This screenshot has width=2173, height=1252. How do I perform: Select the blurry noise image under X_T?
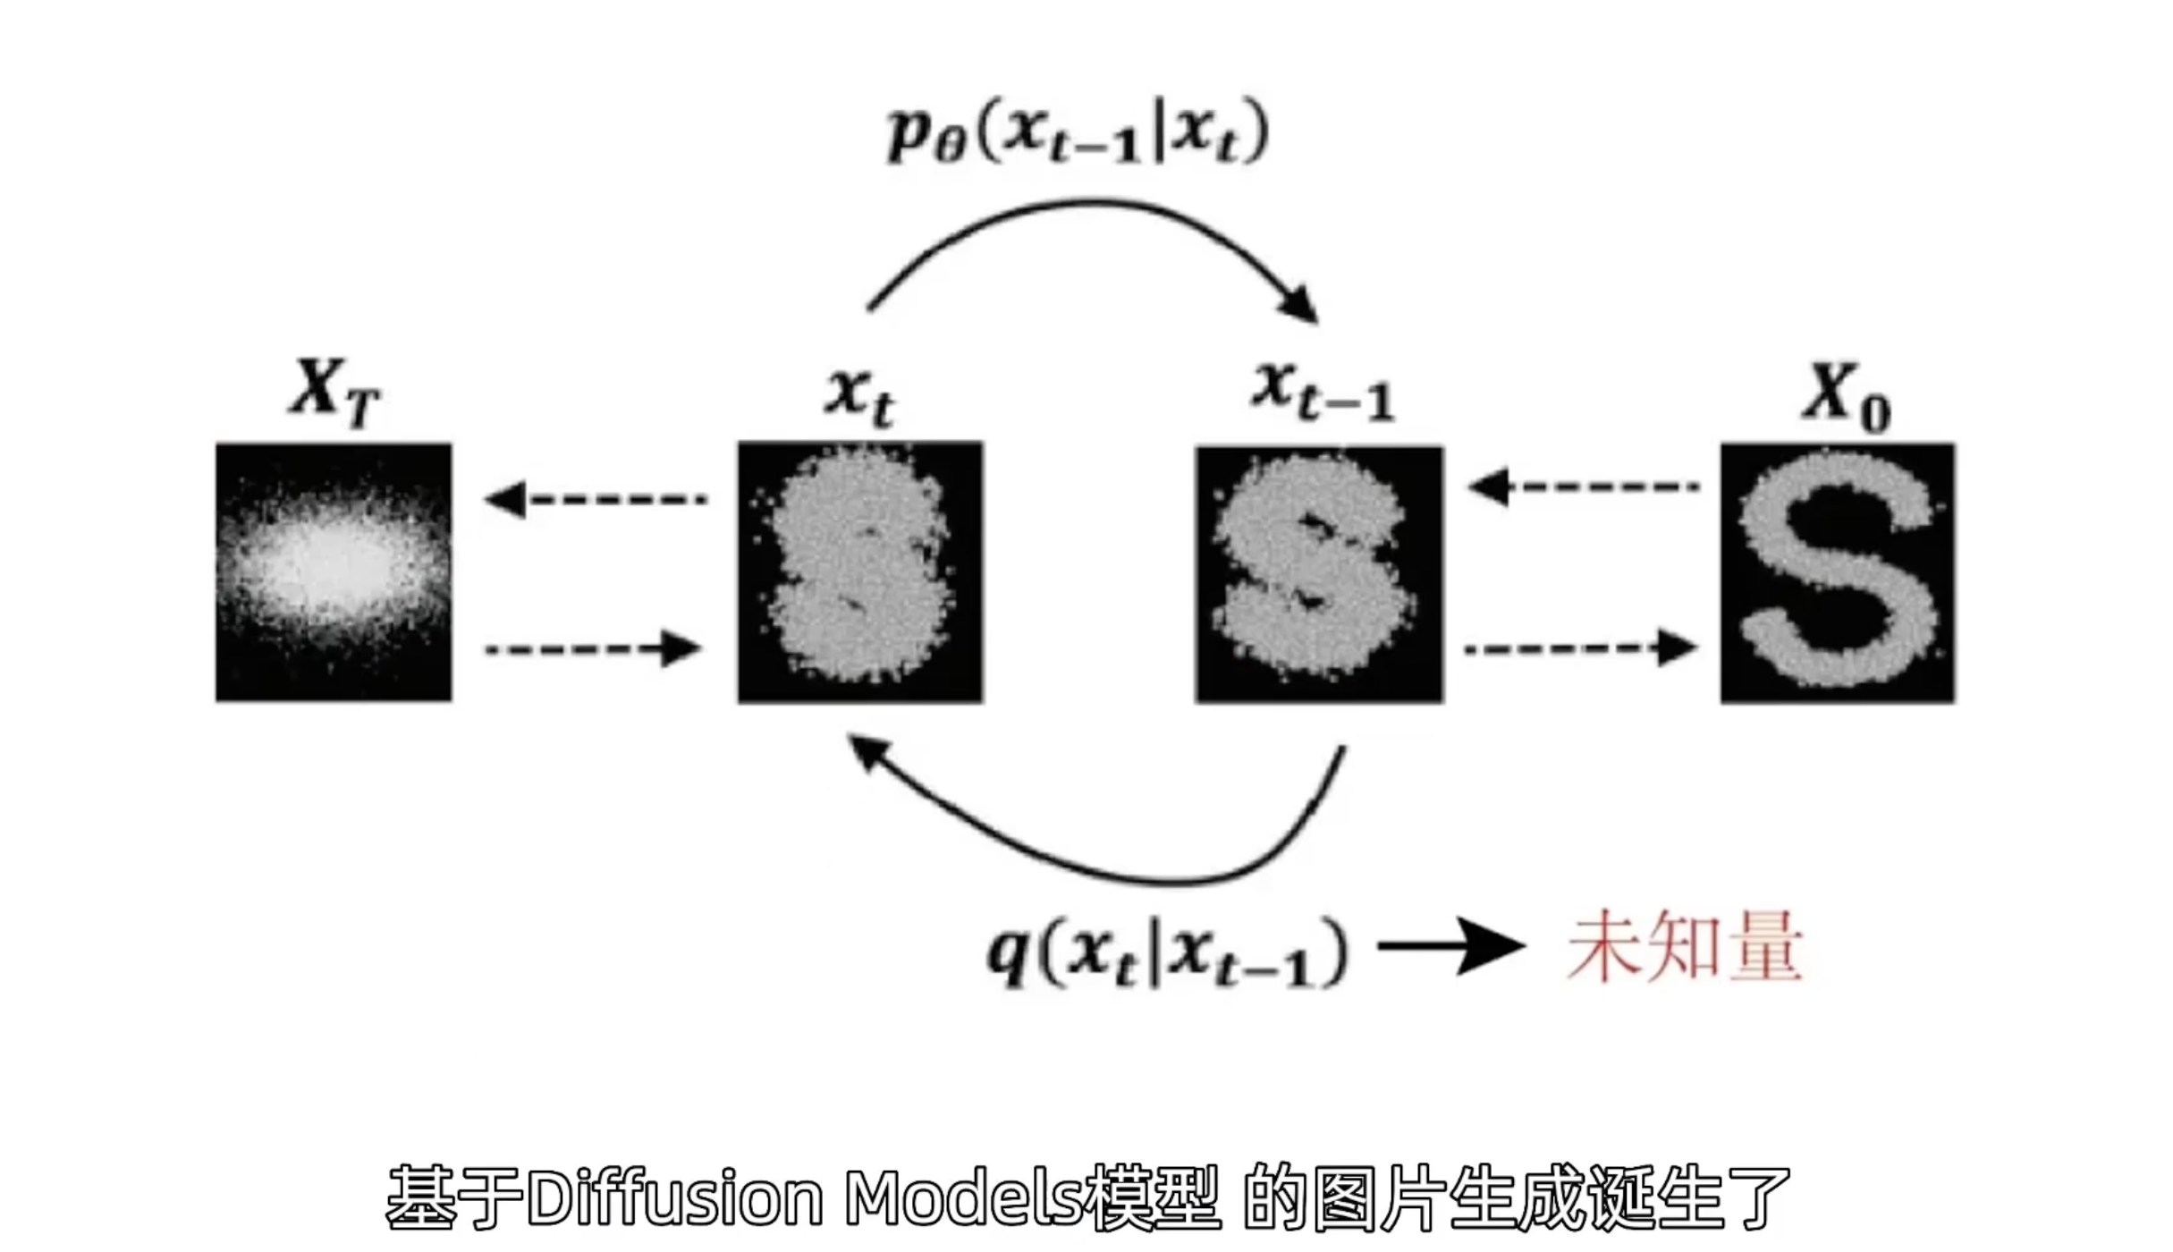[334, 572]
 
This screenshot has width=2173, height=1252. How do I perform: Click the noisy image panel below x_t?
[859, 572]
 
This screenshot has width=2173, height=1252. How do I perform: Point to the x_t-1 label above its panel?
[1322, 393]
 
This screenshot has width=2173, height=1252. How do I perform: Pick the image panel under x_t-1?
[1319, 574]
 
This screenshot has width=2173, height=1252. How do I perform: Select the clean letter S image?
[1838, 572]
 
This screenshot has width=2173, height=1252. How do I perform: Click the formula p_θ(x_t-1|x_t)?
[1078, 134]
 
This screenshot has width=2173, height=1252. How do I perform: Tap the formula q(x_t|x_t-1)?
[1167, 952]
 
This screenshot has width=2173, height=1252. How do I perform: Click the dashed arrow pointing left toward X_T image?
[595, 498]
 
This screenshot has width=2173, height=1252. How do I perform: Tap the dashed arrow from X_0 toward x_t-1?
[1583, 487]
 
